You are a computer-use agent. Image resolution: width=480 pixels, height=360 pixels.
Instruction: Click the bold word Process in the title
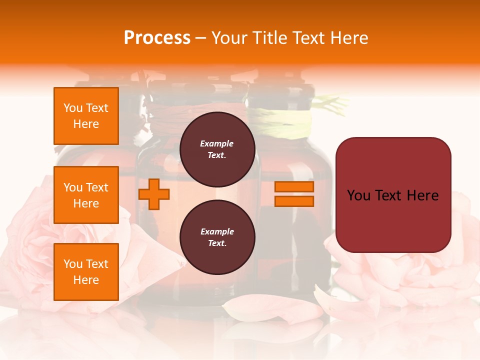(157, 38)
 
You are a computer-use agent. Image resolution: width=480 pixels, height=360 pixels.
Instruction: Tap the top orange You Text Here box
(86, 116)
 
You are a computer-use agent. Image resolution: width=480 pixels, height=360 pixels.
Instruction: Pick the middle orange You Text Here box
(86, 195)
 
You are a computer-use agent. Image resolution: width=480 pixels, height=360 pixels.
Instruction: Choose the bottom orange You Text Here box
(86, 272)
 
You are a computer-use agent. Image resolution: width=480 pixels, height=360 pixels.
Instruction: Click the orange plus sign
(154, 194)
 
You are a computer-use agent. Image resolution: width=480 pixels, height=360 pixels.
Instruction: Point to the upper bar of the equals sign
(294, 186)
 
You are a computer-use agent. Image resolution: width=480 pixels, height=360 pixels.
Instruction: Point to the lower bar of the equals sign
(294, 201)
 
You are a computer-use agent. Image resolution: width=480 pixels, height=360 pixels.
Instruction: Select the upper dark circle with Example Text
(217, 149)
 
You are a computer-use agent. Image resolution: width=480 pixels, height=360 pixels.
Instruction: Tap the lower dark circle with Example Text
(217, 237)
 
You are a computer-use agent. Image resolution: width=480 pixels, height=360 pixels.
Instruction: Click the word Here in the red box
(422, 195)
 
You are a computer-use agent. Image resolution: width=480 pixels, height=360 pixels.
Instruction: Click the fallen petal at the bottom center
(272, 307)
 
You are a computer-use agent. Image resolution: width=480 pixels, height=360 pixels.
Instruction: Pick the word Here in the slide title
(350, 38)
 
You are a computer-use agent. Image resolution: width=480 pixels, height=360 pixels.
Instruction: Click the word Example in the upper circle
(217, 143)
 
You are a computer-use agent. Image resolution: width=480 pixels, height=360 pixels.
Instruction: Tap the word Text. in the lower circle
(217, 243)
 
